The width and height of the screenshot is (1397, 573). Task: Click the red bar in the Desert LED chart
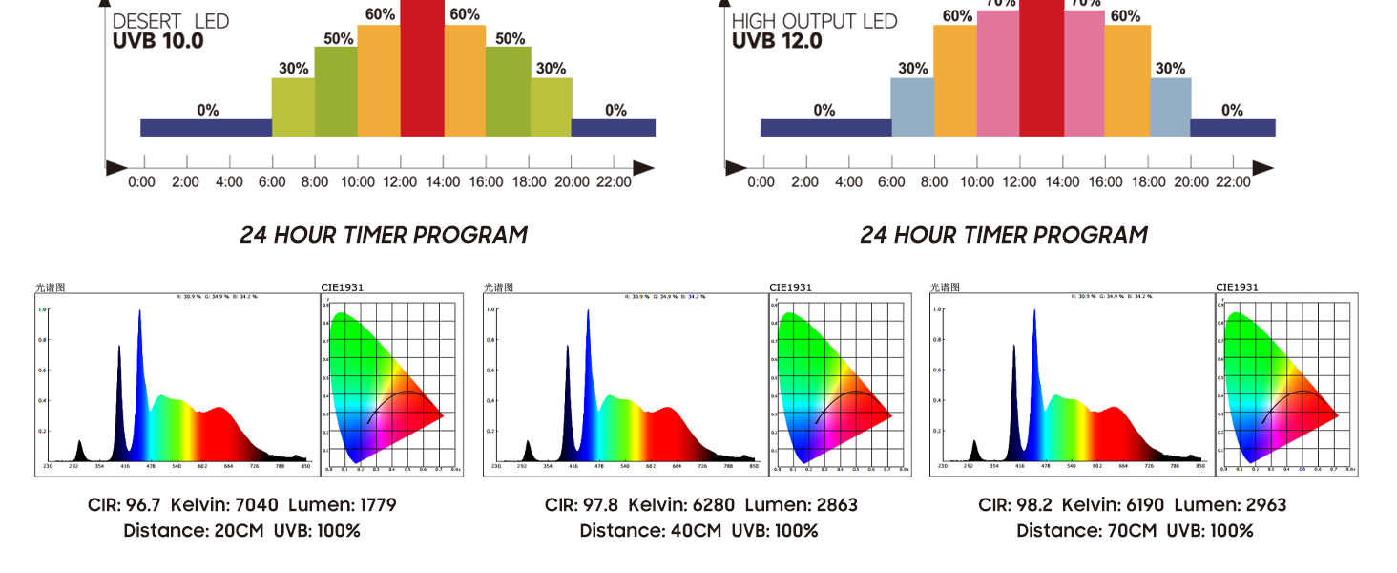[x=423, y=67]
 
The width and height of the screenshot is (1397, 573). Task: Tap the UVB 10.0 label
[x=157, y=42]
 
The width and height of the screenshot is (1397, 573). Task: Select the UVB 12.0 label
[x=777, y=42]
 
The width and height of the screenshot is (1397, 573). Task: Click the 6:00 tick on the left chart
[x=272, y=181]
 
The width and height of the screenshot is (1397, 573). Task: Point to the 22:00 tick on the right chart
[x=1234, y=181]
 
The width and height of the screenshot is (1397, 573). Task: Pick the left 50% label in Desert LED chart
[x=338, y=39]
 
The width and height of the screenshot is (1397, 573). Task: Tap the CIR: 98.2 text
[x=1015, y=505]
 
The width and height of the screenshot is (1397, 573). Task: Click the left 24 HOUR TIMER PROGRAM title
[x=384, y=235]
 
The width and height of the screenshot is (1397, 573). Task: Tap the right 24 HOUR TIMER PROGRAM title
[x=1004, y=235]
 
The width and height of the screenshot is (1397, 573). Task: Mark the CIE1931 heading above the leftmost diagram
[x=343, y=287]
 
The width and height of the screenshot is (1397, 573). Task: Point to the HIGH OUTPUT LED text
[x=814, y=21]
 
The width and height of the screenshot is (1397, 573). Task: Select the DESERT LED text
[x=171, y=21]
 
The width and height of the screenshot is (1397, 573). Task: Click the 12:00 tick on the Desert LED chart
[x=401, y=181]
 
